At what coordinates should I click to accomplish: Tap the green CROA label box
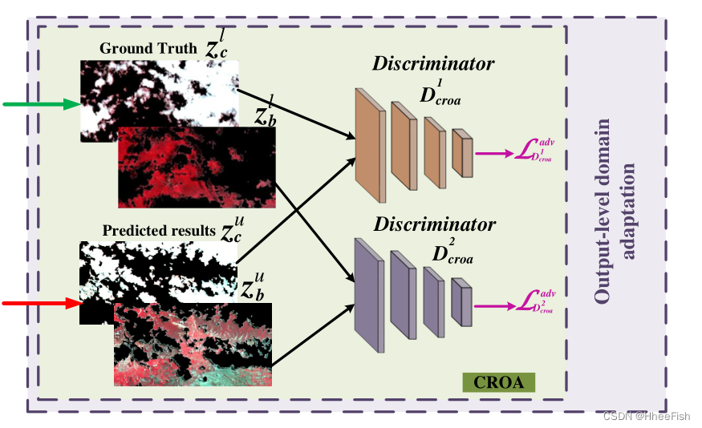tap(498, 382)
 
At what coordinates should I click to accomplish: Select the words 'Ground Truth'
tap(148, 49)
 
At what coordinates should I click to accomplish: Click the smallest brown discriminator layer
tap(461, 151)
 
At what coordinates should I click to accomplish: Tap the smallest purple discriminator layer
tap(461, 302)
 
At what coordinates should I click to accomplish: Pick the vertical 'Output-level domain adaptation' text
tap(616, 212)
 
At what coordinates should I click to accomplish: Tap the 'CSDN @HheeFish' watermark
tap(646, 416)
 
